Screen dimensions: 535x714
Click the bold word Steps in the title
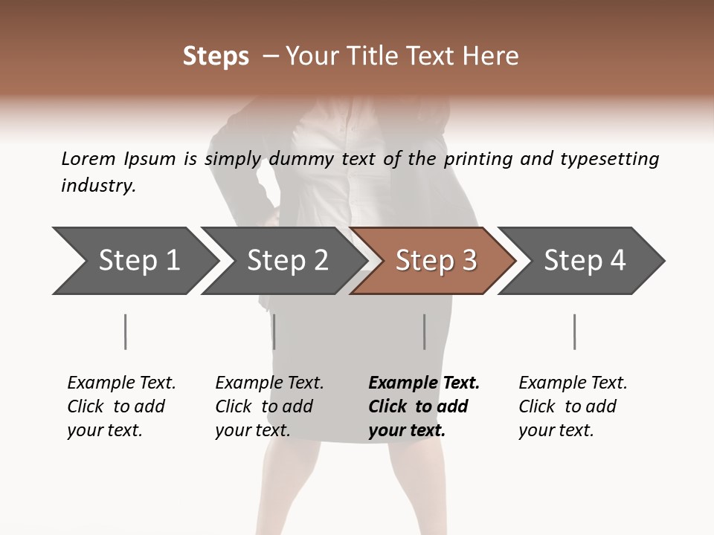click(216, 56)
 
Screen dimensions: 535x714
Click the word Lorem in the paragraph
click(88, 158)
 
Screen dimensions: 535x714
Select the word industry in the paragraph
click(97, 186)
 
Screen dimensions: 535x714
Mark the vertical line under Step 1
click(125, 331)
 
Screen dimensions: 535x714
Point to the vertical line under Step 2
click(274, 331)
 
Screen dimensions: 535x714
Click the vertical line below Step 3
click(424, 331)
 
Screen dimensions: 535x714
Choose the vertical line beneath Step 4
click(574, 331)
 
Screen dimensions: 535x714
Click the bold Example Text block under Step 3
click(424, 406)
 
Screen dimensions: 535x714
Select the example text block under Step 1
click(121, 406)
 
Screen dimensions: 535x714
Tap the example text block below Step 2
click(269, 406)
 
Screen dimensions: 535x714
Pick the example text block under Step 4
click(573, 406)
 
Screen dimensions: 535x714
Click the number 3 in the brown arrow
click(468, 261)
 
